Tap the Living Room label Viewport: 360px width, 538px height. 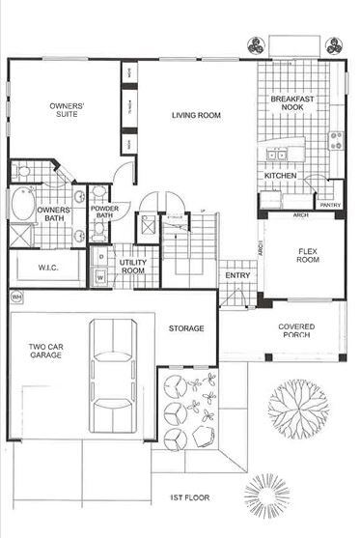[196, 116]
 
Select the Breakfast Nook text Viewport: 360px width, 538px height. [289, 104]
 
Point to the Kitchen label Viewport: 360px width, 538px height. [280, 177]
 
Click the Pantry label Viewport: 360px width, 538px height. [329, 205]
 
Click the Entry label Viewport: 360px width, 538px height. [236, 276]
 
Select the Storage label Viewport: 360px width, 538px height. [186, 328]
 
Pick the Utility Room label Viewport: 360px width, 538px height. [131, 267]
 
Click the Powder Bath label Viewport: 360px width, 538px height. [103, 211]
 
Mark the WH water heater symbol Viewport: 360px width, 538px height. [16, 297]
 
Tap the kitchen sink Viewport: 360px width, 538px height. [275, 155]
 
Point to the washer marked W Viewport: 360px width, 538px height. [100, 278]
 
